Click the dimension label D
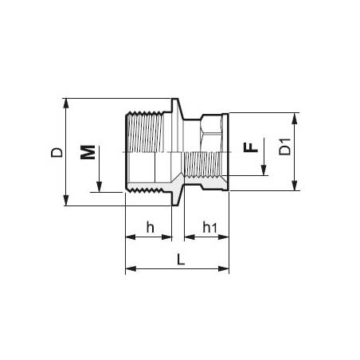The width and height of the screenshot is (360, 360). tap(54, 151)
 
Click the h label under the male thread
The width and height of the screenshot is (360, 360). tap(150, 227)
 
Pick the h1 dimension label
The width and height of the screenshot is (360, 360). tap(209, 228)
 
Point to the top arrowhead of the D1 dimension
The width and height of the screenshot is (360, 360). tap(295, 116)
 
